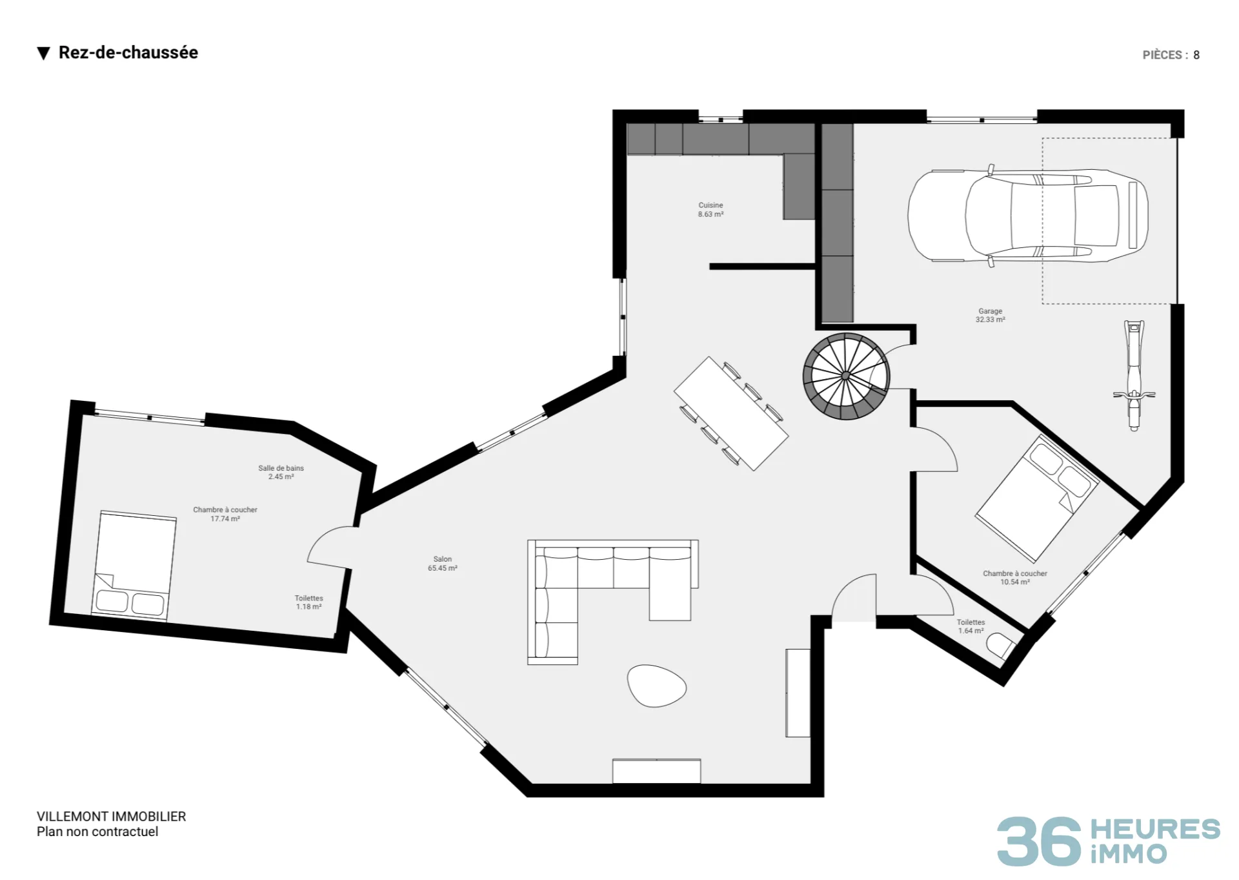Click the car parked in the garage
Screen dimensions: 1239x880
(1028, 216)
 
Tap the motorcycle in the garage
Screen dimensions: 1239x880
(1134, 376)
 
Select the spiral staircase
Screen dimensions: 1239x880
(846, 376)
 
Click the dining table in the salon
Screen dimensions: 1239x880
(731, 413)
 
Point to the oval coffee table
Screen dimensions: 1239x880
(656, 686)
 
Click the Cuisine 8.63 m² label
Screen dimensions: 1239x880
(710, 210)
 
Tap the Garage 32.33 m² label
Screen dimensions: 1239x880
(990, 315)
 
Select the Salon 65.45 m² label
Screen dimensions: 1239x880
(443, 564)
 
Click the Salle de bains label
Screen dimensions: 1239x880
(281, 468)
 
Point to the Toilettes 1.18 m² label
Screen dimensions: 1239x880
(308, 602)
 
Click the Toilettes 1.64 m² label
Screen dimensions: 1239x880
(971, 626)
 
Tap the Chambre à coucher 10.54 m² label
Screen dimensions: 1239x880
(1015, 577)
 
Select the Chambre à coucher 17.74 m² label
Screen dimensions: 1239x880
(225, 514)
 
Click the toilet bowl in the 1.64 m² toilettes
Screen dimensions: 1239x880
(1000, 645)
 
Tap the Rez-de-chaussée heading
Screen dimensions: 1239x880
(128, 52)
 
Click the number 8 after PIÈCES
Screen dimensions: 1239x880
(1196, 55)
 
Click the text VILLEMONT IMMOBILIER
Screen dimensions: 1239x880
(112, 816)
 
